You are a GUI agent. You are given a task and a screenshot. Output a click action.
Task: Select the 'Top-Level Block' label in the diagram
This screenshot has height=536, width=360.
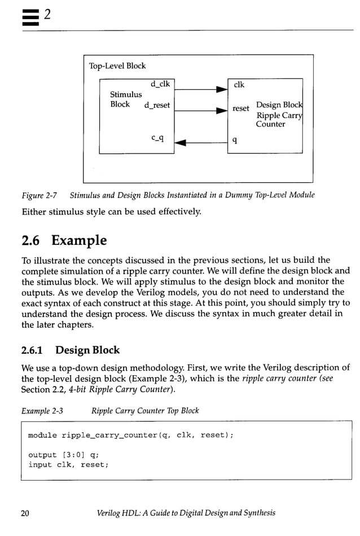pos(117,66)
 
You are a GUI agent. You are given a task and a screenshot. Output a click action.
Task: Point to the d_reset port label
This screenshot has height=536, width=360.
pos(157,105)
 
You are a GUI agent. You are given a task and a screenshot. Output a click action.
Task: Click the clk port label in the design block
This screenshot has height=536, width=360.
pos(239,85)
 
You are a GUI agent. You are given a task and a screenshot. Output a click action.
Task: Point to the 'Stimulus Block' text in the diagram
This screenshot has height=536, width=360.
pos(125,99)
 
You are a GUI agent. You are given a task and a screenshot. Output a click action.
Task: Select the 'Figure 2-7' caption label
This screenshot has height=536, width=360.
pos(39,195)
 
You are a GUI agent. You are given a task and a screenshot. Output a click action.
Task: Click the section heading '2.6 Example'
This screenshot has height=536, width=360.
pos(64,240)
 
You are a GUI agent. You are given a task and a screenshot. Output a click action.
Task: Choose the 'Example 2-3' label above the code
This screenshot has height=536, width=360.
pos(42,410)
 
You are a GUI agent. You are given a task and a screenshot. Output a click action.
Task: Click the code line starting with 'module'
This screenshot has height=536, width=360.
pos(130,435)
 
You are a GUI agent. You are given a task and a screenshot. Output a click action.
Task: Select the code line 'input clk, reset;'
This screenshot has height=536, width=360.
pos(68,464)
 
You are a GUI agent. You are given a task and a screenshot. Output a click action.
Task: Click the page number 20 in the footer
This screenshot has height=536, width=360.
pos(25,513)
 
